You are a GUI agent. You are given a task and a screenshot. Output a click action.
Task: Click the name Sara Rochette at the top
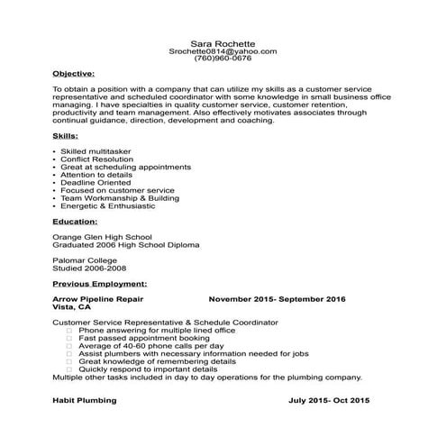click(223, 42)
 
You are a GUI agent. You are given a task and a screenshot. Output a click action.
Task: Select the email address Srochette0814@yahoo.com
click(223, 51)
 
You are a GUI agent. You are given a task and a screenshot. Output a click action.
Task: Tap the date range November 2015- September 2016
click(278, 298)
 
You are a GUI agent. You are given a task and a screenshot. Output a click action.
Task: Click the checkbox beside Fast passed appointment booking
click(70, 337)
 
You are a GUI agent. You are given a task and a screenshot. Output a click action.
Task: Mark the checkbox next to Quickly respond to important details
click(70, 369)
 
